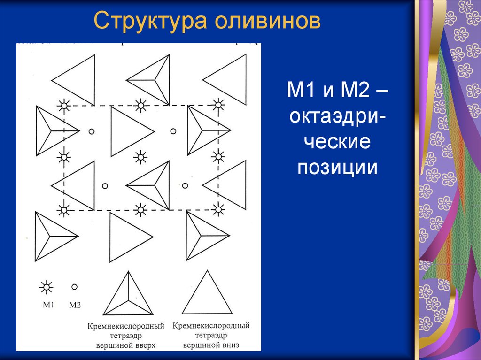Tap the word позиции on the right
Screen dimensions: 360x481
pos(337,168)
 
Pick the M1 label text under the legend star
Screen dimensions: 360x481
pos(48,305)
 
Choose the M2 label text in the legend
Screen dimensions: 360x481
pos(75,305)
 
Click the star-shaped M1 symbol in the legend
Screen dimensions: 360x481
pos(47,287)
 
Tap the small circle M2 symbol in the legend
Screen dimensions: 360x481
pos(74,286)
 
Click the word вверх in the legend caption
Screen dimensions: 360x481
pos(143,345)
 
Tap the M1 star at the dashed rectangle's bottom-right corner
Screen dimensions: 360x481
pos(217,209)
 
